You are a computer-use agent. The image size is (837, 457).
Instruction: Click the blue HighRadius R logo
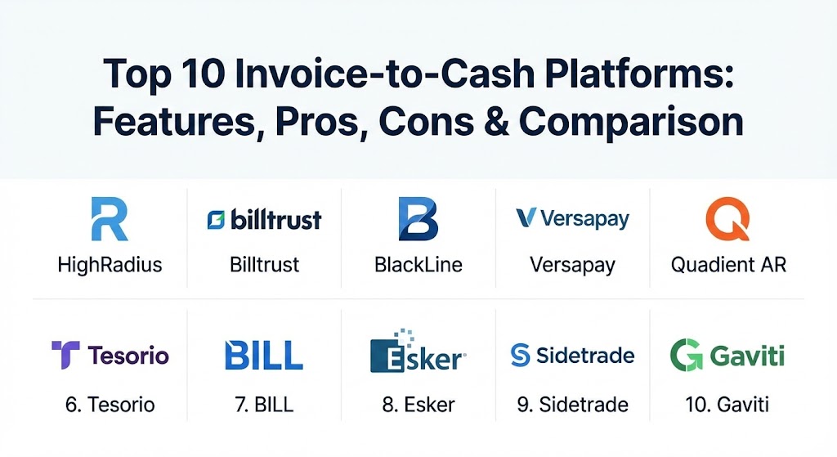coord(110,219)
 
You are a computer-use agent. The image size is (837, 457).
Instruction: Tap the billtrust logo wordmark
coord(264,219)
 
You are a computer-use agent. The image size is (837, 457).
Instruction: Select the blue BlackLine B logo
coord(418,219)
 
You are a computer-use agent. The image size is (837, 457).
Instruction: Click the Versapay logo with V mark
coord(573,219)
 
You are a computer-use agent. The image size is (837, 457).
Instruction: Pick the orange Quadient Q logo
coord(727,219)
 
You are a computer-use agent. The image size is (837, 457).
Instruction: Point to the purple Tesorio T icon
coord(65,355)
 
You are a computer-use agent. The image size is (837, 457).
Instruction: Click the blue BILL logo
coord(264,355)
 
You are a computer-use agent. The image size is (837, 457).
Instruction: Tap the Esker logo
coord(418,352)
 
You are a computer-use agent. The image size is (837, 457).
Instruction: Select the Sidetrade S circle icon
coord(520,355)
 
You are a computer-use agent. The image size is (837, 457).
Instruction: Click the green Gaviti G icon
coord(686,355)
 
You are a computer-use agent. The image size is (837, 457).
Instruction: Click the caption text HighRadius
coord(110,265)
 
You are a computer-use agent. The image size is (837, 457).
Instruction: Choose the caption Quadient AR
coord(728,265)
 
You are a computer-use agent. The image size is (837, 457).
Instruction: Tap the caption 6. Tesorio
coord(110,405)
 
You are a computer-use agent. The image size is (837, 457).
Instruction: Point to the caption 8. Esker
coord(418,405)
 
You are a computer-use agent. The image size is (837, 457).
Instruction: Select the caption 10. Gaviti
coord(727,405)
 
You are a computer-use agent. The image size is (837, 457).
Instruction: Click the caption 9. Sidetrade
coord(573,405)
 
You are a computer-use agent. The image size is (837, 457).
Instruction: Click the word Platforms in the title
coord(639,74)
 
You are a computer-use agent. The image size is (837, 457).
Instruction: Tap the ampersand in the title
coord(496,121)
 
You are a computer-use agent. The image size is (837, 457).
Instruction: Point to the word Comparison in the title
coord(631,123)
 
